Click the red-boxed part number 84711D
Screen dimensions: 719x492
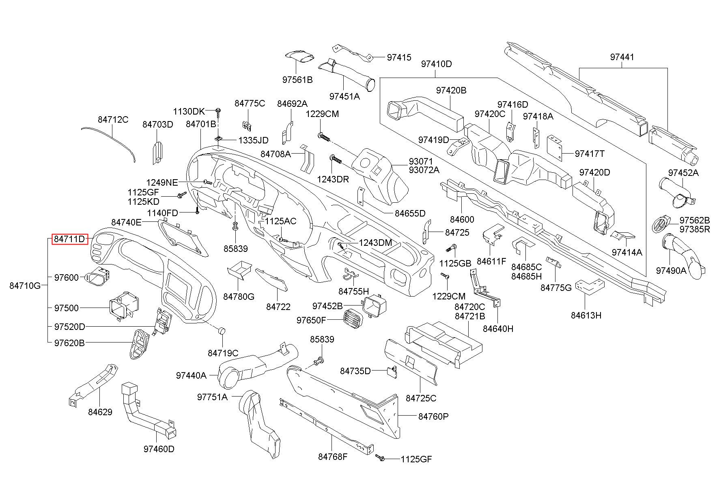coord(69,239)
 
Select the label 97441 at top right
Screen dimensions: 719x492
coord(622,57)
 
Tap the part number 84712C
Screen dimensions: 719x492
coord(113,119)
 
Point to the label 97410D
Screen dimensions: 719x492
coord(436,64)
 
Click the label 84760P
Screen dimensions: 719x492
coord(433,416)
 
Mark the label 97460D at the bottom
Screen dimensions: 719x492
coord(159,449)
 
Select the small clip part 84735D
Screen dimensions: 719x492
coord(392,372)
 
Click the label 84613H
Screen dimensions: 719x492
coord(586,315)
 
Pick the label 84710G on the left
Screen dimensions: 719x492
coord(25,286)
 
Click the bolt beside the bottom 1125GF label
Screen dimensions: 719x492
coord(381,458)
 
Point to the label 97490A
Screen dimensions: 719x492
coord(671,270)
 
